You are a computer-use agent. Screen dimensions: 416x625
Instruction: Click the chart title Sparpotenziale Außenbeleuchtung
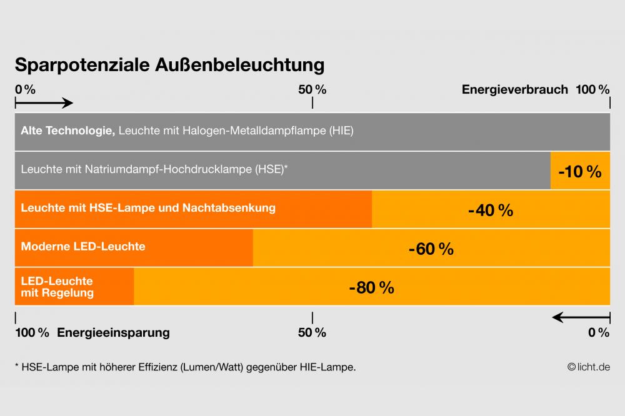169,66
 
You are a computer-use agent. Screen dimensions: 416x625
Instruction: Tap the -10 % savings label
579,171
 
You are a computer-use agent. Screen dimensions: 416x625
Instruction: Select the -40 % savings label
491,210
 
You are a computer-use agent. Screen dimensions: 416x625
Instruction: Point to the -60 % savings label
431,249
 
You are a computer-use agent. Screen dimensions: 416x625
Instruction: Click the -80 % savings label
372,288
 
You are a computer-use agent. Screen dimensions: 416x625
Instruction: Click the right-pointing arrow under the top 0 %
44,103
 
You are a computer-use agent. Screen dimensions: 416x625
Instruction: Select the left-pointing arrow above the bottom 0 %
581,317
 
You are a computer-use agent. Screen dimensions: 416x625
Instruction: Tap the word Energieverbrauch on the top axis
514,89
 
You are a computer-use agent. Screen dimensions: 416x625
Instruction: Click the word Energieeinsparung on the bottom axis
113,332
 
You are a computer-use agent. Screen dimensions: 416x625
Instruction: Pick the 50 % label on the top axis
312,89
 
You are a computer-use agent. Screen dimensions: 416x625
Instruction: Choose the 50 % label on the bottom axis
312,332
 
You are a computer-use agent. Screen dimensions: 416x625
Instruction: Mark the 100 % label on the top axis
592,89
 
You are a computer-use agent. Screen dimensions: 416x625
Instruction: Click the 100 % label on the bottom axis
32,332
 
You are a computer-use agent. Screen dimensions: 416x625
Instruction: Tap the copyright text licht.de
588,367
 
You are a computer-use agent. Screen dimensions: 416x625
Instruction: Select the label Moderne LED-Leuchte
83,246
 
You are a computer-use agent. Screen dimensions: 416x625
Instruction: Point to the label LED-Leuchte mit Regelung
57,287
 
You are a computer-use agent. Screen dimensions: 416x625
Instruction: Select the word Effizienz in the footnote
155,367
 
